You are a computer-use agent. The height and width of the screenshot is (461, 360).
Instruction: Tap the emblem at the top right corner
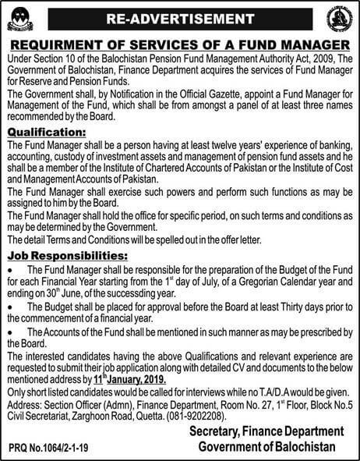[x=339, y=18]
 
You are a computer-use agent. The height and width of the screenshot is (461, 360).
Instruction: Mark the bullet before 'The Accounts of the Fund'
[x=9, y=331]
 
